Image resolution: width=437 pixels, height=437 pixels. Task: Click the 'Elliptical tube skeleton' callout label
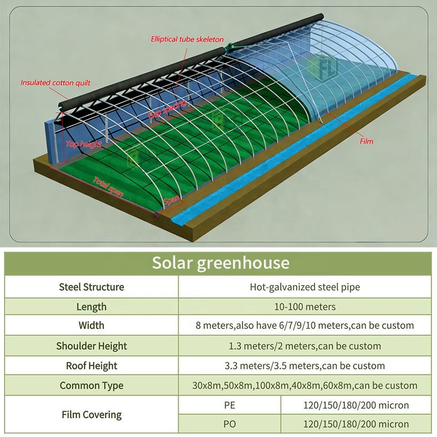(x=187, y=39)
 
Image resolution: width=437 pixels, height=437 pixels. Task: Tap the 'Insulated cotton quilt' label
(x=55, y=83)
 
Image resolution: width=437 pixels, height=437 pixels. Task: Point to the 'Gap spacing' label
(x=168, y=110)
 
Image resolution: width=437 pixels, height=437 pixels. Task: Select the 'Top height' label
(x=84, y=144)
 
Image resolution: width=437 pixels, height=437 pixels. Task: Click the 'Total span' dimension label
(x=108, y=186)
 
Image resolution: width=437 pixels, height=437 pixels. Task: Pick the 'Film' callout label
(x=366, y=141)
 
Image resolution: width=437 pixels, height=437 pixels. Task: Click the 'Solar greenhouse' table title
(x=220, y=263)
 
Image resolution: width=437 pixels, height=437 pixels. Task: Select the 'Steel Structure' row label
(x=91, y=287)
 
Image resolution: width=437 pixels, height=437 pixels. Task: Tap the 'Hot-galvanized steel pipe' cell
(x=305, y=287)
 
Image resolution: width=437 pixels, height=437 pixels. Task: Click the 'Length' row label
(x=91, y=307)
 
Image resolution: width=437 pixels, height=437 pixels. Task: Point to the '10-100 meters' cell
(x=305, y=307)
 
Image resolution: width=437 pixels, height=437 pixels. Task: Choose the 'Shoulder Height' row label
(x=91, y=346)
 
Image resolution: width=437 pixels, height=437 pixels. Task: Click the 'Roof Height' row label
(x=91, y=366)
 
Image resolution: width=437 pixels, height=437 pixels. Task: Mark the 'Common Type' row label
(x=91, y=386)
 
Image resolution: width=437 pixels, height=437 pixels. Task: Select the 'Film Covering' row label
(x=91, y=415)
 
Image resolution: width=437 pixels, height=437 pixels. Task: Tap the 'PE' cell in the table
(x=229, y=405)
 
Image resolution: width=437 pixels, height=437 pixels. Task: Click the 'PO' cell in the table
(x=229, y=424)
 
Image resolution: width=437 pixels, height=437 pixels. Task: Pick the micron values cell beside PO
(x=356, y=424)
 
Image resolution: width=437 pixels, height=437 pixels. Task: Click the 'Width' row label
(x=91, y=325)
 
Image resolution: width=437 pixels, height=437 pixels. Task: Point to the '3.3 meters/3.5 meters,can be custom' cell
(x=305, y=366)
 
